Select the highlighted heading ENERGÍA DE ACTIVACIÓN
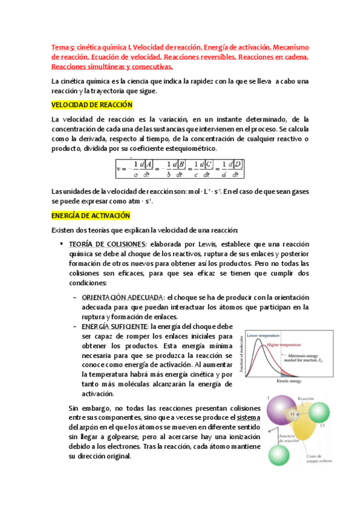[x=90, y=215]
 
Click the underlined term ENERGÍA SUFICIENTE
[x=114, y=326]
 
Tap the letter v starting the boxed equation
[x=119, y=169]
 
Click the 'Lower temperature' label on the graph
[x=263, y=334]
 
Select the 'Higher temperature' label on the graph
[x=284, y=345]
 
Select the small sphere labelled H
[x=293, y=414]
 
